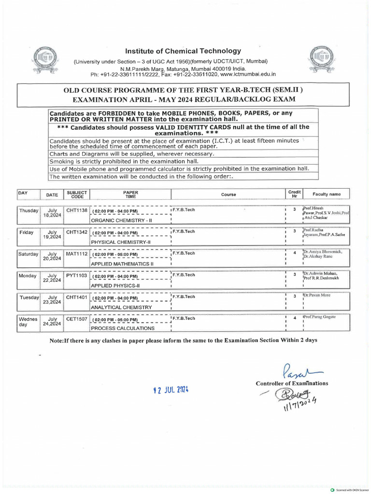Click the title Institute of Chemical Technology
tap(183, 51)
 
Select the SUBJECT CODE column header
tap(77, 194)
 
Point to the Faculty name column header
tap(327, 194)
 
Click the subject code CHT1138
tap(76, 211)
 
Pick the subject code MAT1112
tap(76, 253)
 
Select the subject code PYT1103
tap(76, 275)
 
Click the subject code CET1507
tap(76, 318)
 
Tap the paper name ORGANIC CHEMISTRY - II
tap(122, 220)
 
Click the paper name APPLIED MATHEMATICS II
tap(122, 264)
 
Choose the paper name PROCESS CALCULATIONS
tap(123, 329)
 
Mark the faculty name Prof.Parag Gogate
tap(319, 316)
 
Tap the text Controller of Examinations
tap(292, 384)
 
